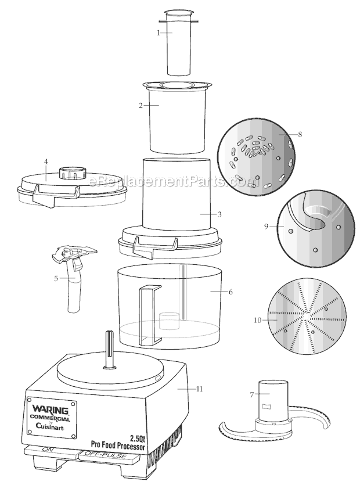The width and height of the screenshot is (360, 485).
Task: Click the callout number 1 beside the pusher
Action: (x=159, y=33)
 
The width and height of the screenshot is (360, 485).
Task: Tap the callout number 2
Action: (x=141, y=106)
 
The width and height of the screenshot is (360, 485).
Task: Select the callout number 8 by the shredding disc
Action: (x=300, y=134)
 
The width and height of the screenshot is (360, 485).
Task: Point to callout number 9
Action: (x=266, y=227)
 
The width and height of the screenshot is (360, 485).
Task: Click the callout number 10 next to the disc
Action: (x=258, y=320)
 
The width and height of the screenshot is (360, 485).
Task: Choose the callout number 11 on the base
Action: (x=200, y=389)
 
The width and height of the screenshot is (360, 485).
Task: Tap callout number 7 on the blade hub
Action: (x=252, y=395)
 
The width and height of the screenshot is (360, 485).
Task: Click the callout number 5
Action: (x=56, y=278)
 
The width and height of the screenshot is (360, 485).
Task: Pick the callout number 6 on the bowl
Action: (x=231, y=292)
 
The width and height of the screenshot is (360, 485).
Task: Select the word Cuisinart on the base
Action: (x=50, y=427)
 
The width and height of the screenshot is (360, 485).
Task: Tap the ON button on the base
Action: (x=49, y=450)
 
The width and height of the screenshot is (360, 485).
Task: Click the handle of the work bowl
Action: (x=150, y=314)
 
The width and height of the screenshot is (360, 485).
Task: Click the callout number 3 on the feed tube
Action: (x=219, y=214)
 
